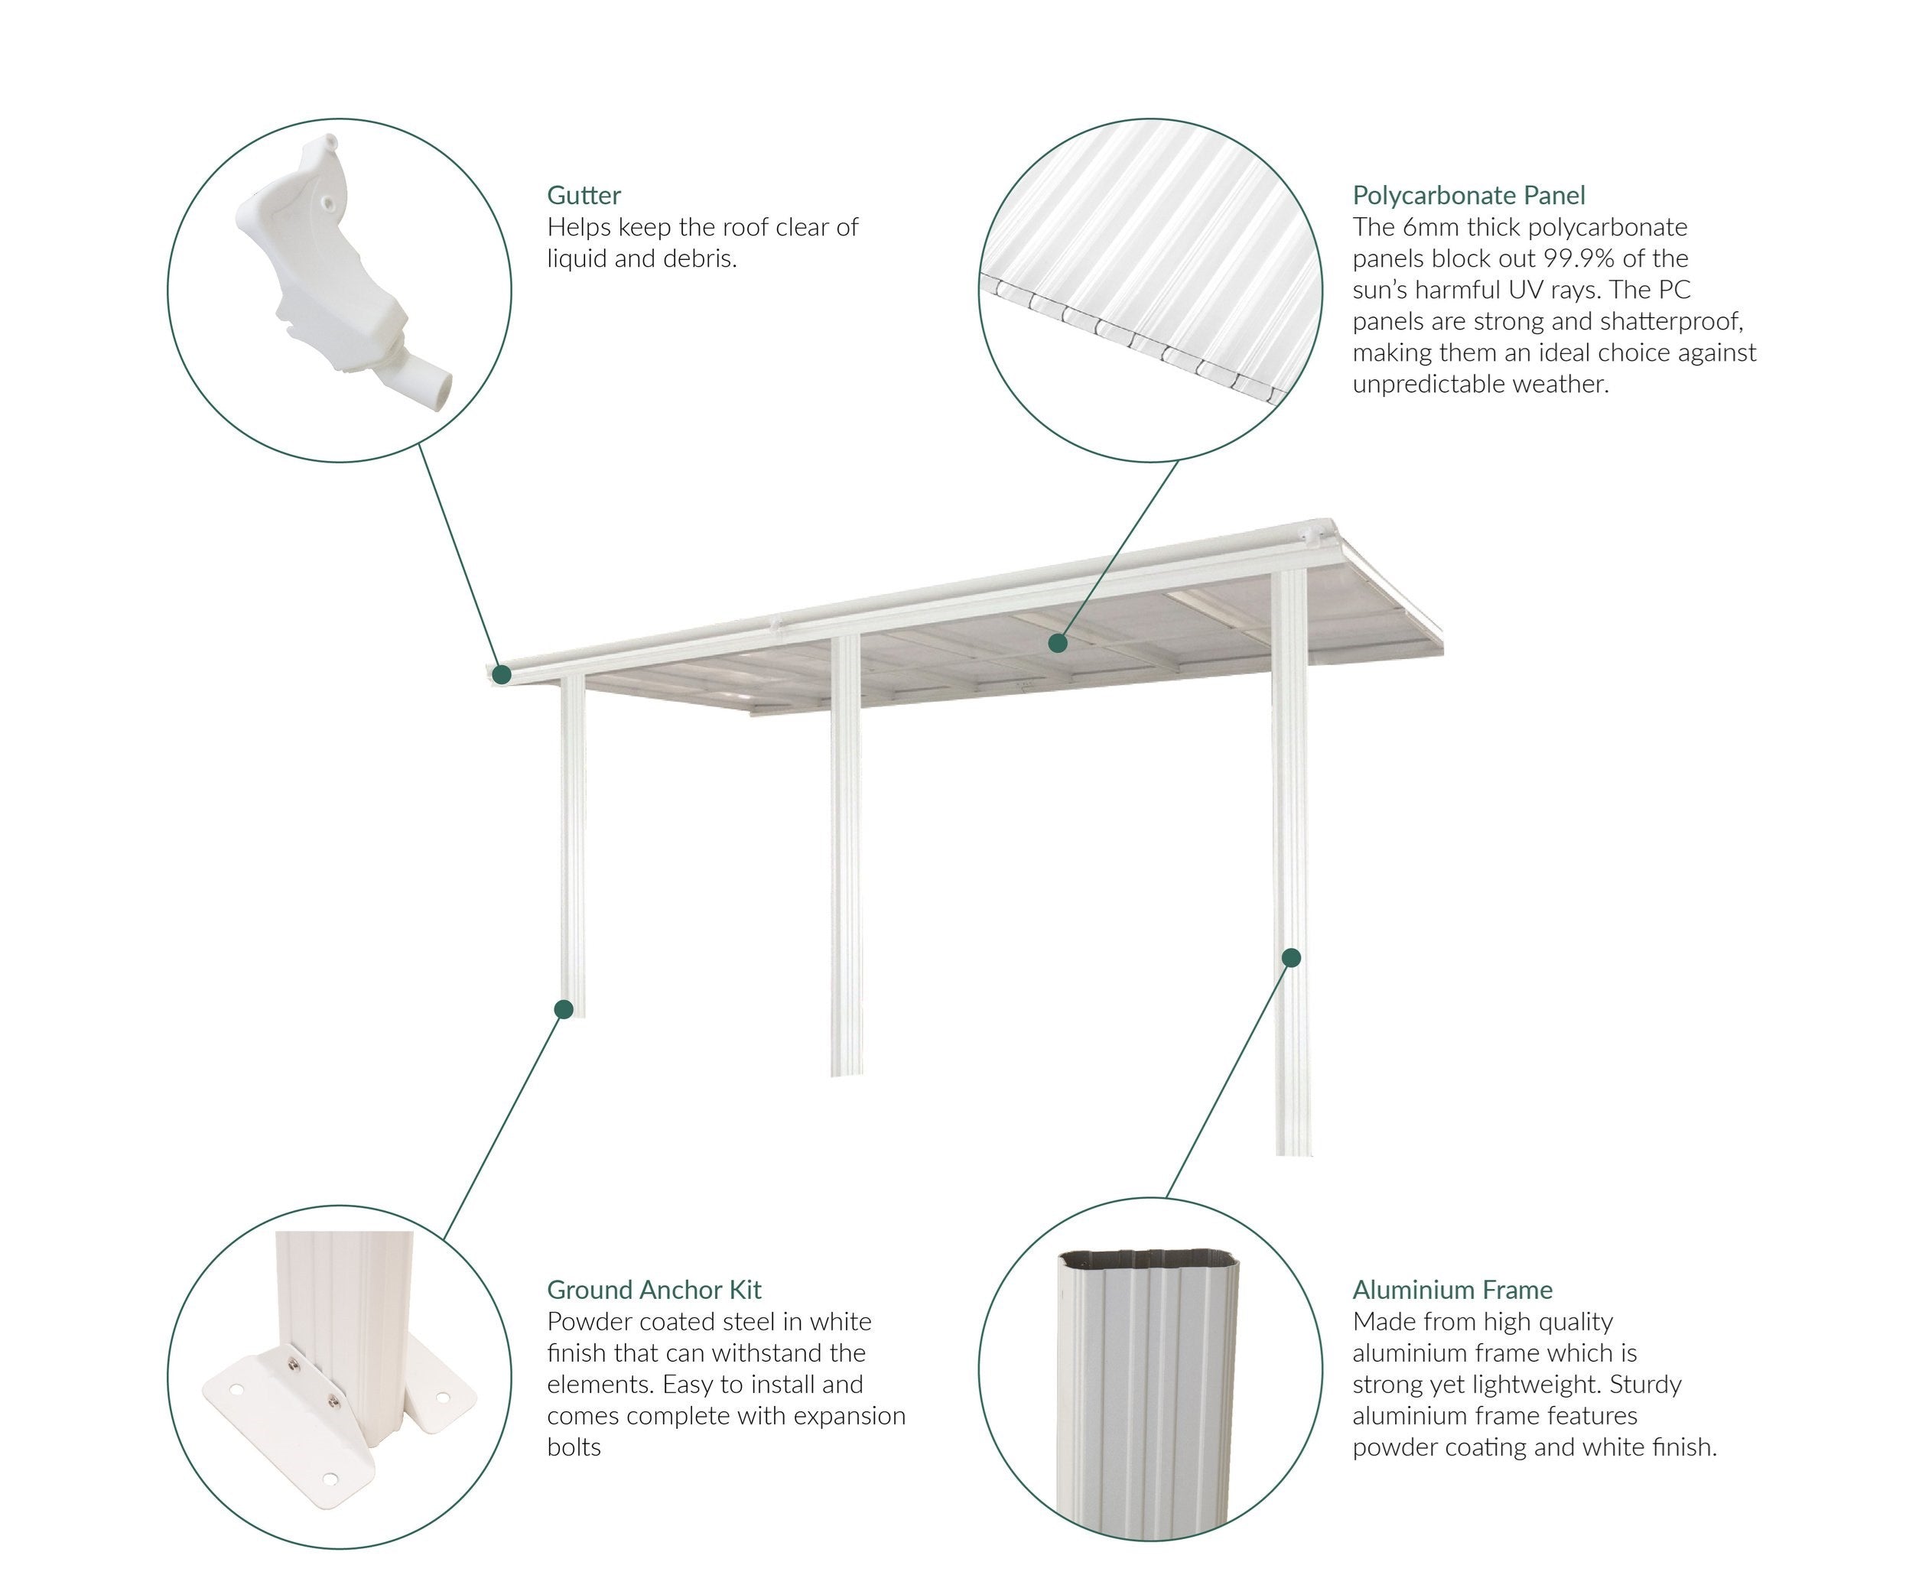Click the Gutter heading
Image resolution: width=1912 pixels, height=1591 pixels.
[584, 195]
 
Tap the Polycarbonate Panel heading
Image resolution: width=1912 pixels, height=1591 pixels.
[1468, 196]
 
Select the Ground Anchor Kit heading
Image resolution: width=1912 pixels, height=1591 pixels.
[654, 1290]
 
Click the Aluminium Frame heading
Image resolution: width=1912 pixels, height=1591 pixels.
[1452, 1290]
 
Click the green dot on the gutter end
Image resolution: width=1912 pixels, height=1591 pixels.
[501, 674]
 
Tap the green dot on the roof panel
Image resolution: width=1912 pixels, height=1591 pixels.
[1057, 642]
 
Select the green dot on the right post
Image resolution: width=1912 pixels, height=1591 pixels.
[1291, 957]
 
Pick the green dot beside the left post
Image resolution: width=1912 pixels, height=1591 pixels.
[564, 1008]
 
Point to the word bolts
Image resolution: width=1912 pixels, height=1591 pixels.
[574, 1447]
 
